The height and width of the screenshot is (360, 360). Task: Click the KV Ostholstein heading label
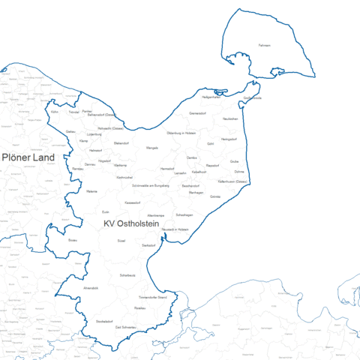pyautogui.click(x=130, y=224)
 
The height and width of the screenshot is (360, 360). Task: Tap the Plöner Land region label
pyautogui.click(x=28, y=157)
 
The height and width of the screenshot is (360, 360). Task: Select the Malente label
pyautogui.click(x=92, y=192)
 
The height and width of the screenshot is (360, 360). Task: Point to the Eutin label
pyautogui.click(x=106, y=212)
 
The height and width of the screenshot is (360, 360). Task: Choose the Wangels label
pyautogui.click(x=152, y=148)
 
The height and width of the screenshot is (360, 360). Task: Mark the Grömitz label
pyautogui.click(x=216, y=196)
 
